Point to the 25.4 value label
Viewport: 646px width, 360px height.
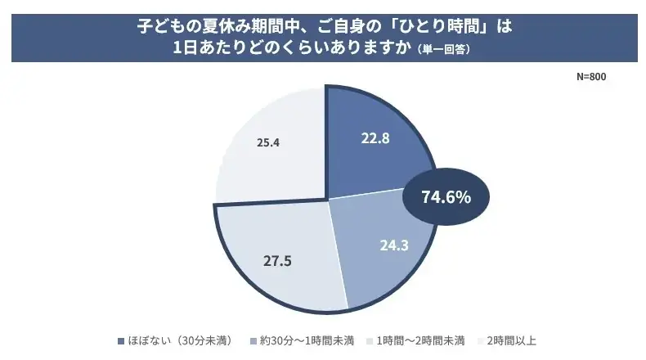pyautogui.click(x=268, y=142)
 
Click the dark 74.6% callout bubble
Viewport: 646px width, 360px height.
pyautogui.click(x=446, y=196)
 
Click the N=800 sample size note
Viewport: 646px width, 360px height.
pyautogui.click(x=590, y=76)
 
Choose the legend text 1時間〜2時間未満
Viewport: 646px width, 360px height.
pyautogui.click(x=420, y=340)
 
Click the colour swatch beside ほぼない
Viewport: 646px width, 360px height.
pyautogui.click(x=122, y=340)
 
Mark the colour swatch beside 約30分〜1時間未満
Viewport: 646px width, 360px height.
pyautogui.click(x=252, y=340)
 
